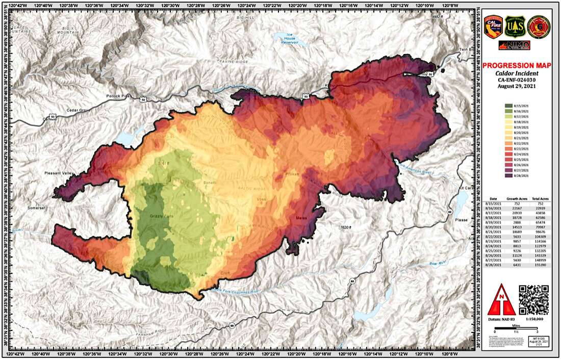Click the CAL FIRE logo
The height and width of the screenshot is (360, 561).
(x=494, y=27)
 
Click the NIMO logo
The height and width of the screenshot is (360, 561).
(x=515, y=45)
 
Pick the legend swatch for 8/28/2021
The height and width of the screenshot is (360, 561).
(x=509, y=175)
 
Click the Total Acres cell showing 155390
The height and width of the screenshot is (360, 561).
(x=539, y=266)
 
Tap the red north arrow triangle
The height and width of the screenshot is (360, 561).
(x=503, y=301)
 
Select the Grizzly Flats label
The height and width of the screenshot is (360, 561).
(x=162, y=217)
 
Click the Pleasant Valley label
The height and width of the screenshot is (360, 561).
(x=60, y=173)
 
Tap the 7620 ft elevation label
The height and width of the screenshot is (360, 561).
(x=347, y=226)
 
